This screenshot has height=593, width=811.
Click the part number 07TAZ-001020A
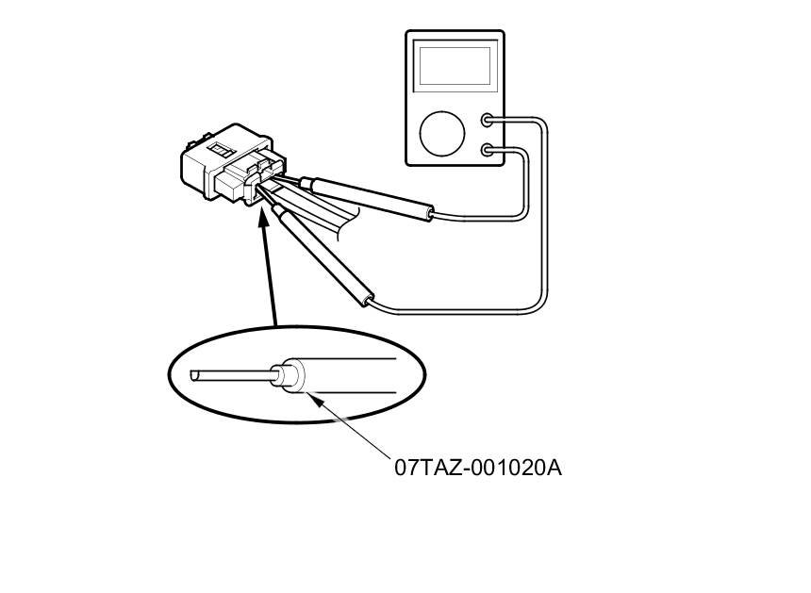[x=478, y=467]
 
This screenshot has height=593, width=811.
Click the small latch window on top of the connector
[x=222, y=149]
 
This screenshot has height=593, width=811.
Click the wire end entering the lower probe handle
[x=370, y=303]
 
